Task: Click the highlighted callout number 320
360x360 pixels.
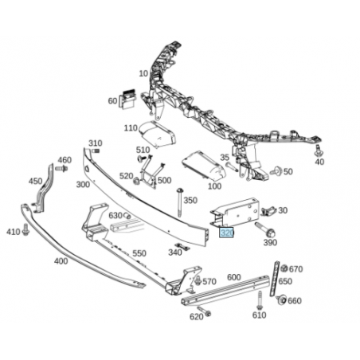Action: tap(226, 233)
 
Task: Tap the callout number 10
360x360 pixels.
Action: tap(143, 73)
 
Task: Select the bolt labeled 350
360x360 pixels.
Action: tap(180, 202)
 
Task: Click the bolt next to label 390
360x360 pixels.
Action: tap(265, 229)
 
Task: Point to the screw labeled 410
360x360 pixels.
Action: tap(25, 229)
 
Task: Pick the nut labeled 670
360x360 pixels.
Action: tap(284, 268)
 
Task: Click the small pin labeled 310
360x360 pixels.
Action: tap(96, 151)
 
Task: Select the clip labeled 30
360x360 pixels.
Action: tap(268, 211)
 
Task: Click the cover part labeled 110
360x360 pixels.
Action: tap(158, 134)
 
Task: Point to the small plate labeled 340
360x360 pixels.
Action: tap(182, 247)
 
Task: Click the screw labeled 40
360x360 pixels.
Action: tap(317, 151)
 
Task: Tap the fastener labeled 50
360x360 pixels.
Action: tap(276, 170)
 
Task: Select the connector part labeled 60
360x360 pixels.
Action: tap(127, 99)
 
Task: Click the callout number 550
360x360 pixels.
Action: tap(139, 253)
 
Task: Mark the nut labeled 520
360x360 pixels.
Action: tap(137, 182)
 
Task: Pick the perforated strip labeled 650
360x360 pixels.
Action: tap(275, 279)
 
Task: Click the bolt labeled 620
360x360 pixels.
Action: tap(204, 311)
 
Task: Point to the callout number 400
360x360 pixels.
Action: tap(61, 261)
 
